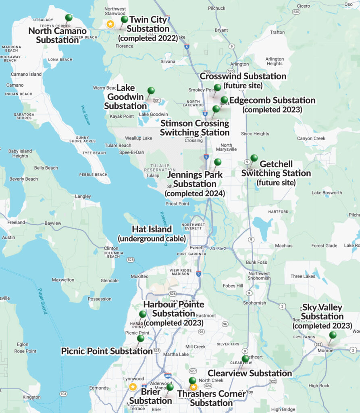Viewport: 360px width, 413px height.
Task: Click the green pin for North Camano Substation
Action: [69, 18]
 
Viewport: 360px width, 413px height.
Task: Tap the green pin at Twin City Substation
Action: [124, 19]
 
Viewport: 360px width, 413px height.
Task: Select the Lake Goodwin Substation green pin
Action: [151, 91]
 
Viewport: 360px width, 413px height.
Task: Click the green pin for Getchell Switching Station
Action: [254, 158]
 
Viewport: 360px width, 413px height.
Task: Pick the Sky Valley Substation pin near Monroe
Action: [333, 335]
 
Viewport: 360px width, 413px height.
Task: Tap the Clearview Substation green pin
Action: [245, 359]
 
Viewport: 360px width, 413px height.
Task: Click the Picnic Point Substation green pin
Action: [140, 338]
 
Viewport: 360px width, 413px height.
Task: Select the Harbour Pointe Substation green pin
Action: [143, 314]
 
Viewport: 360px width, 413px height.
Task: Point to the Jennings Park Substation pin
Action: [218, 162]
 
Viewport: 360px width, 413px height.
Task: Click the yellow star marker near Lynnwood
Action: [133, 387]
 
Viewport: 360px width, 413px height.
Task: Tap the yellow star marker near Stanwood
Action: [110, 24]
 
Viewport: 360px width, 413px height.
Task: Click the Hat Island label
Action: [152, 229]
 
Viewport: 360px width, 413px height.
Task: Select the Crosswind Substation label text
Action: [243, 76]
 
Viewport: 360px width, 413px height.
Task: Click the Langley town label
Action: [83, 196]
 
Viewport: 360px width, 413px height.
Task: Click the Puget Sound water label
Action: [43, 301]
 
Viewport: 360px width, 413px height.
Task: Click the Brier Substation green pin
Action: [170, 387]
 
